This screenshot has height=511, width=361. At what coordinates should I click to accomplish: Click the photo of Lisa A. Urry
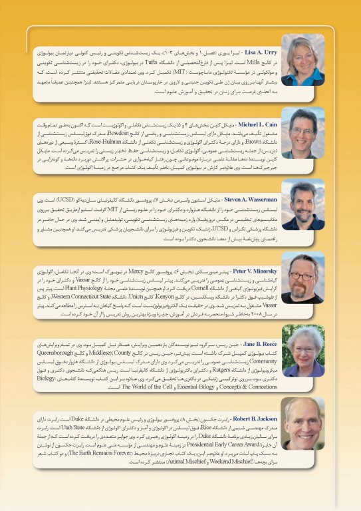pos(302,60)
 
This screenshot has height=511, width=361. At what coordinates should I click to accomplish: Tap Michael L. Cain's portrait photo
pos(302,133)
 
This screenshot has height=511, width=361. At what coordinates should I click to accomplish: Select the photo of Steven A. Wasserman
pos(302,205)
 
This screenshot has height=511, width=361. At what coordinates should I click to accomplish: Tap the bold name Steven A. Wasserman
pos(247,198)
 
